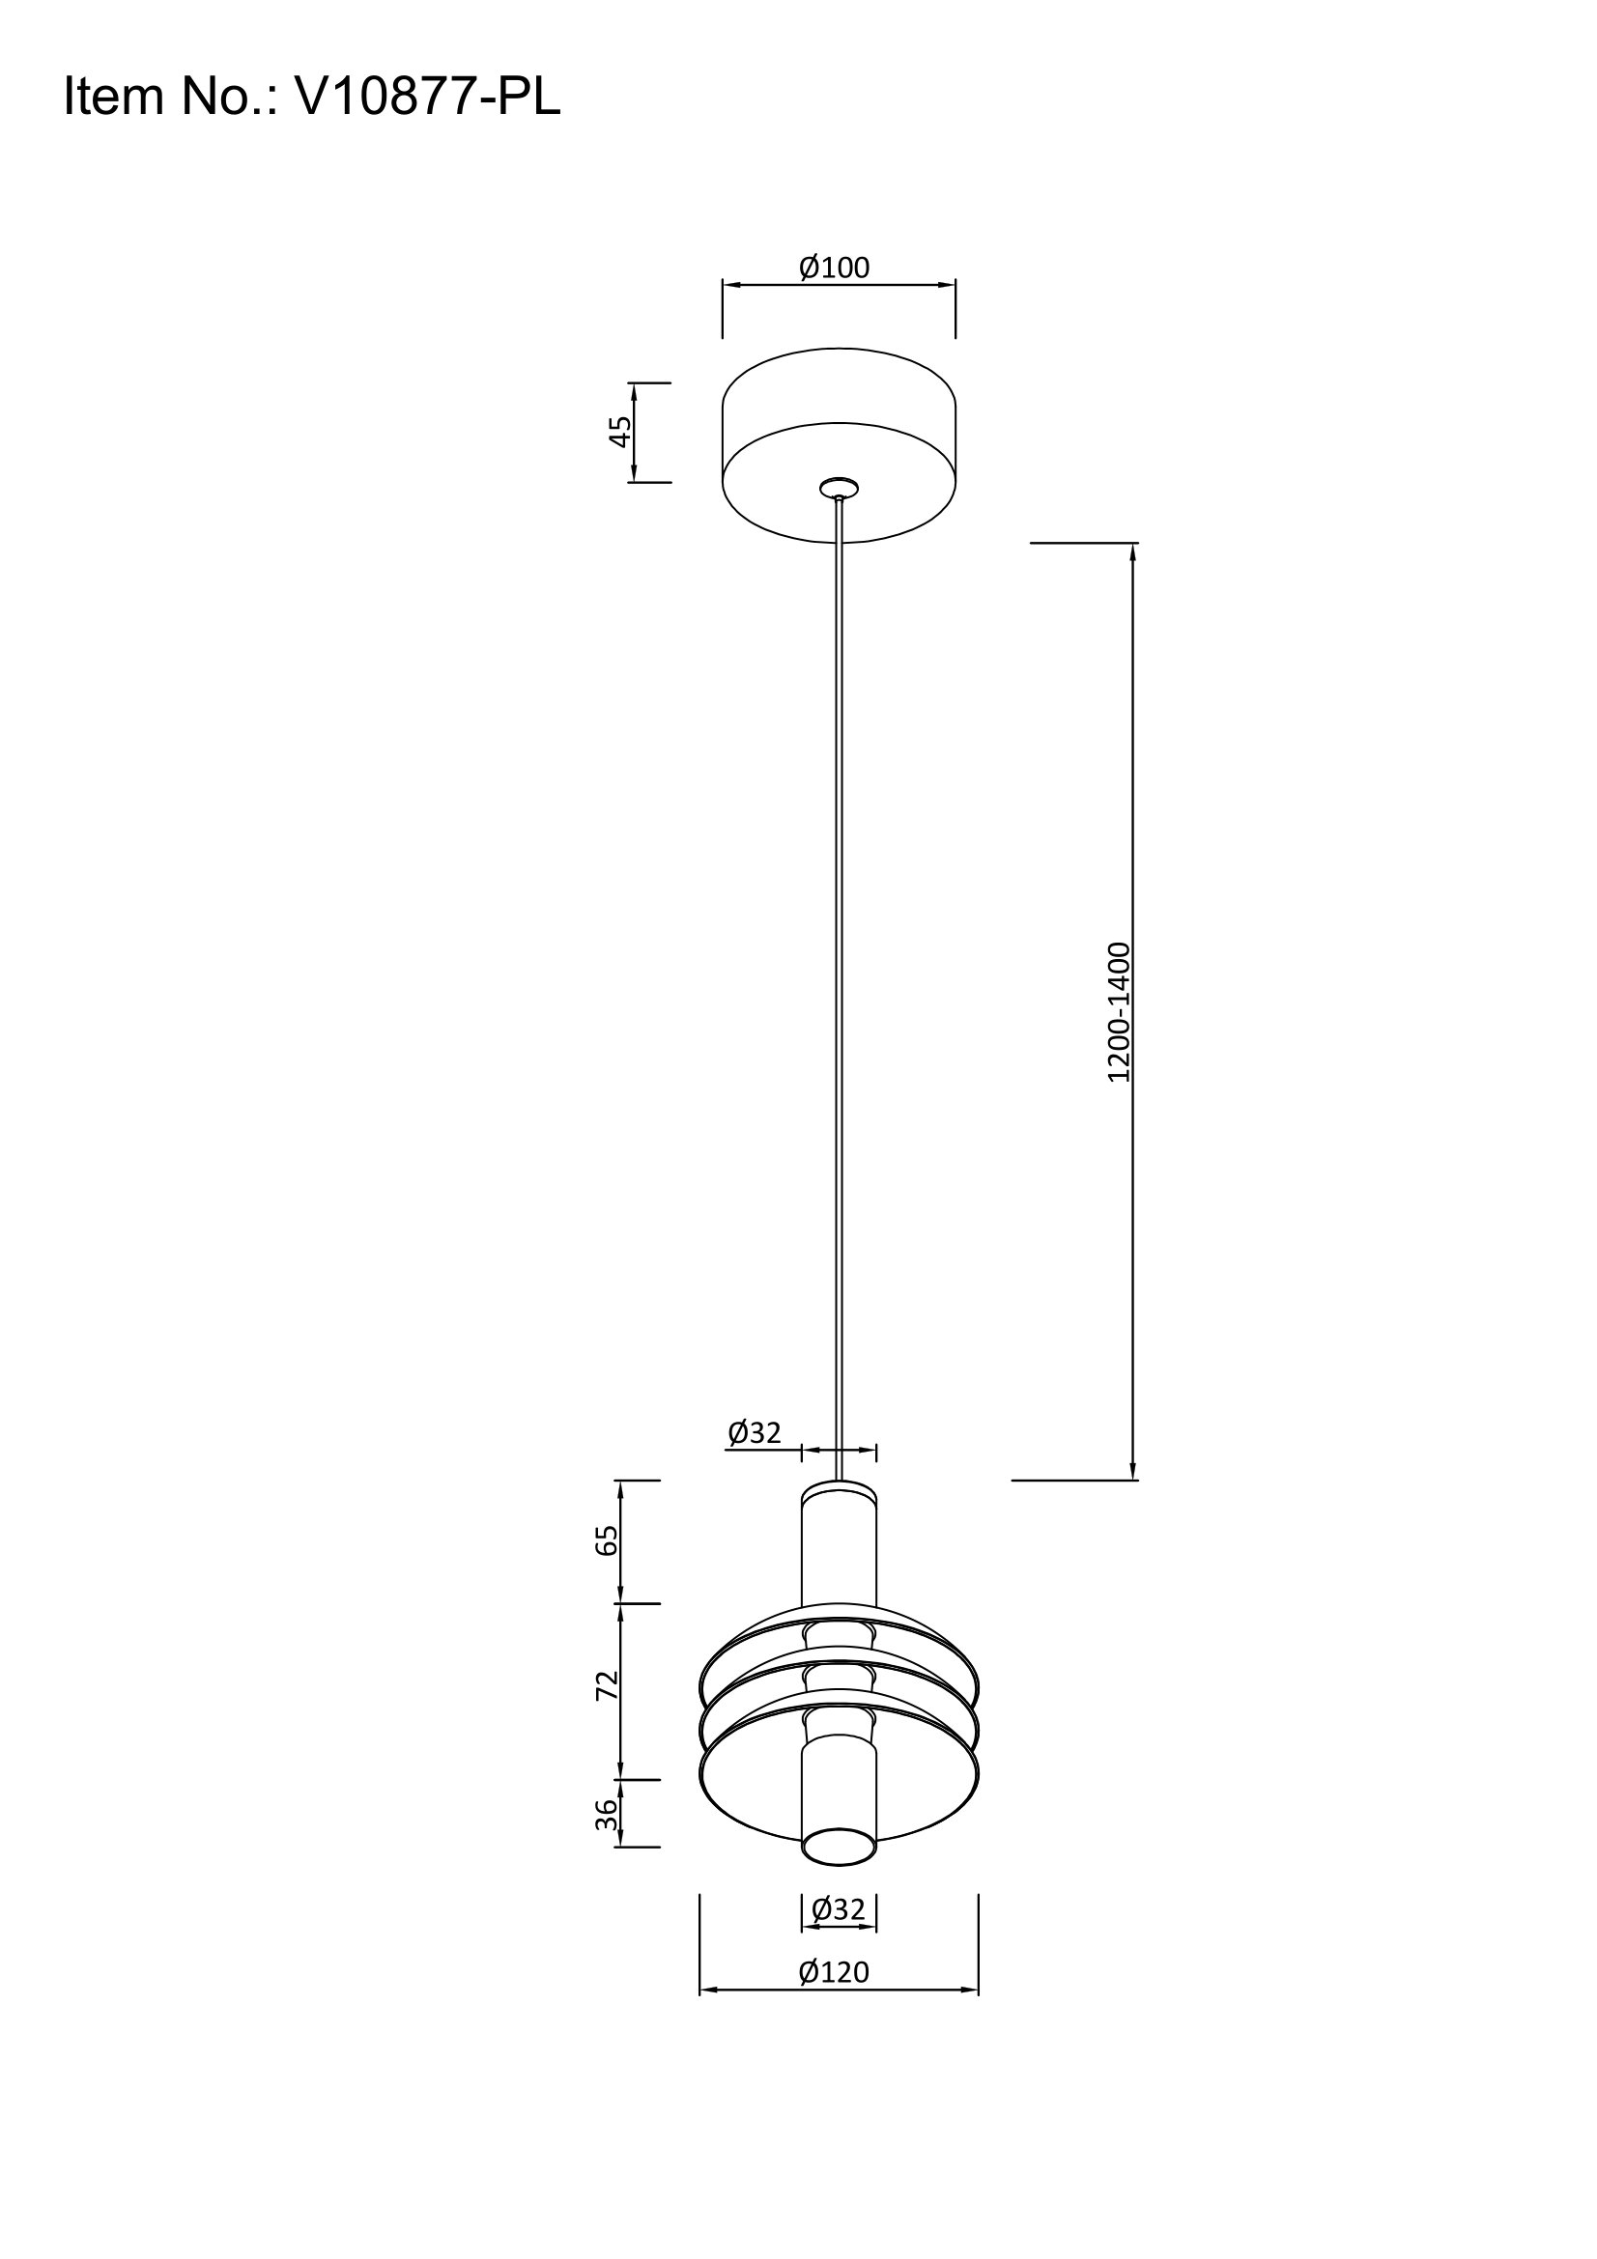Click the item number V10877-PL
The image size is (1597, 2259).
427,98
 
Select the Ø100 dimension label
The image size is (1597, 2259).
835,268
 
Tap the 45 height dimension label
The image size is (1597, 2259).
620,431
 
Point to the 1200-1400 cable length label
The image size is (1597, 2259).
1119,1012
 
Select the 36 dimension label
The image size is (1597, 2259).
609,1815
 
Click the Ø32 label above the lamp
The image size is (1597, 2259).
755,1432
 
